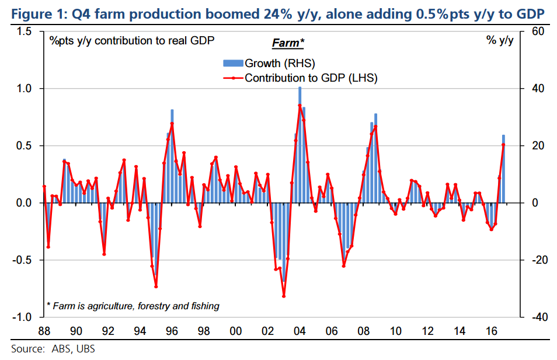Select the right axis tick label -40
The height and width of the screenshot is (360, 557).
coord(534,317)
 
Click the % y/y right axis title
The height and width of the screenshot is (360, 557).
coord(499,41)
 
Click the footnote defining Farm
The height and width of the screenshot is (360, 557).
coord(133,306)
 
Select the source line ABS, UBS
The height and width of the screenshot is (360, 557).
coord(53,349)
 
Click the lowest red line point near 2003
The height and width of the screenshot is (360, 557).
coord(284,296)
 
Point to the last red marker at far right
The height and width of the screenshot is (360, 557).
coord(503,145)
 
